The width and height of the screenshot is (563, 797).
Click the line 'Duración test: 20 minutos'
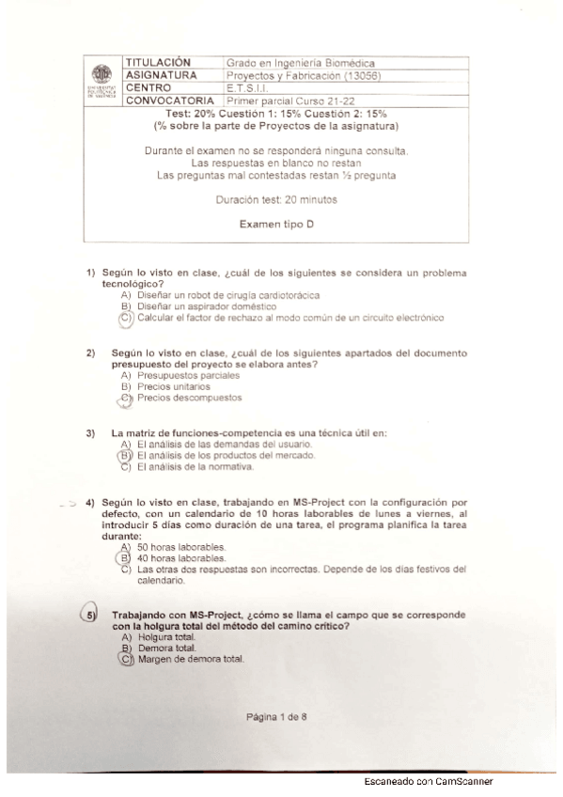(275, 200)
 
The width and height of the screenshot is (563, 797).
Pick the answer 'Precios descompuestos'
(189, 398)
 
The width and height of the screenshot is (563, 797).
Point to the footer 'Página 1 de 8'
(276, 717)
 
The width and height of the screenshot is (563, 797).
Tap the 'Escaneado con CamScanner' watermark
(428, 781)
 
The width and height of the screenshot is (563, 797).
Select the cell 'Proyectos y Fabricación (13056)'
(302, 75)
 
